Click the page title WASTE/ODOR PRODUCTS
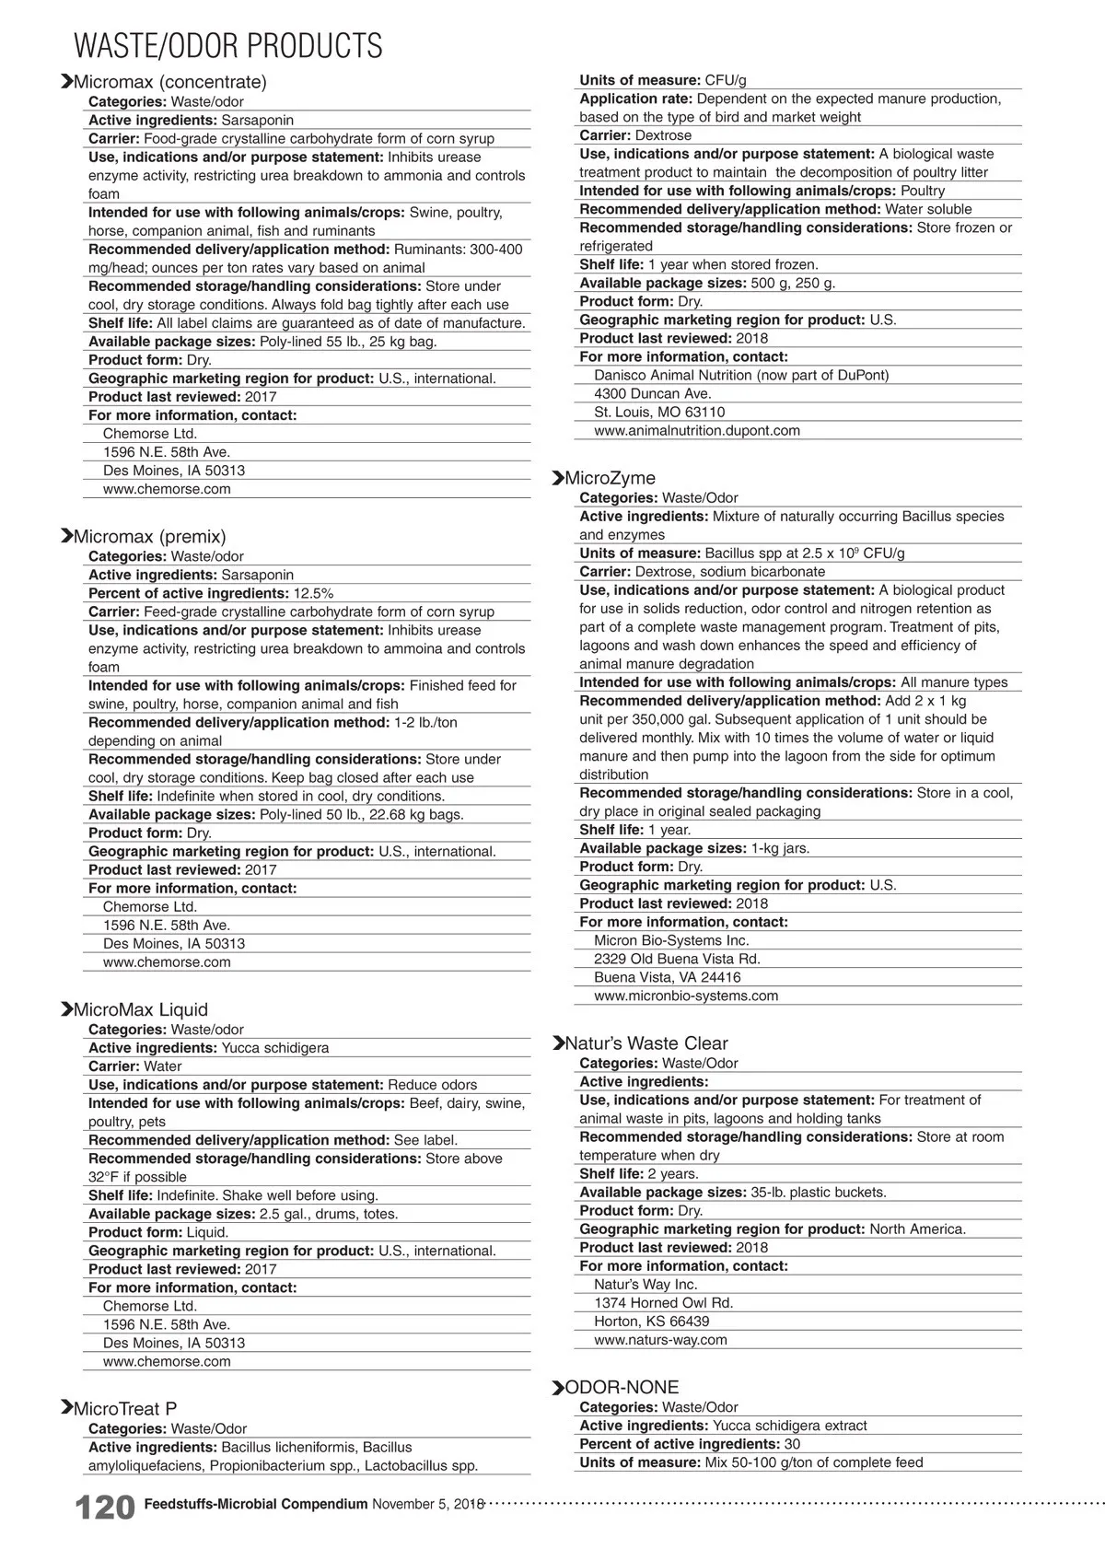[x=227, y=45]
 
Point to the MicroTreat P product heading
[x=124, y=1408]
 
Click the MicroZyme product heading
[x=610, y=478]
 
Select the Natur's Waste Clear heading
[x=646, y=1043]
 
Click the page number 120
[x=104, y=1508]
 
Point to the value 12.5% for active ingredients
[x=313, y=593]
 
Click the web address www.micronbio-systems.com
[x=686, y=996]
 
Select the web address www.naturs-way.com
[x=660, y=1340]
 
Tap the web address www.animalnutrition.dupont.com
[x=697, y=430]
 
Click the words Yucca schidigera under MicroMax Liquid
[x=274, y=1048]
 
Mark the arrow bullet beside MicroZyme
[x=557, y=478]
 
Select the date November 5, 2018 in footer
[x=427, y=1504]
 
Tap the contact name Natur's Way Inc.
[x=646, y=1285]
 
